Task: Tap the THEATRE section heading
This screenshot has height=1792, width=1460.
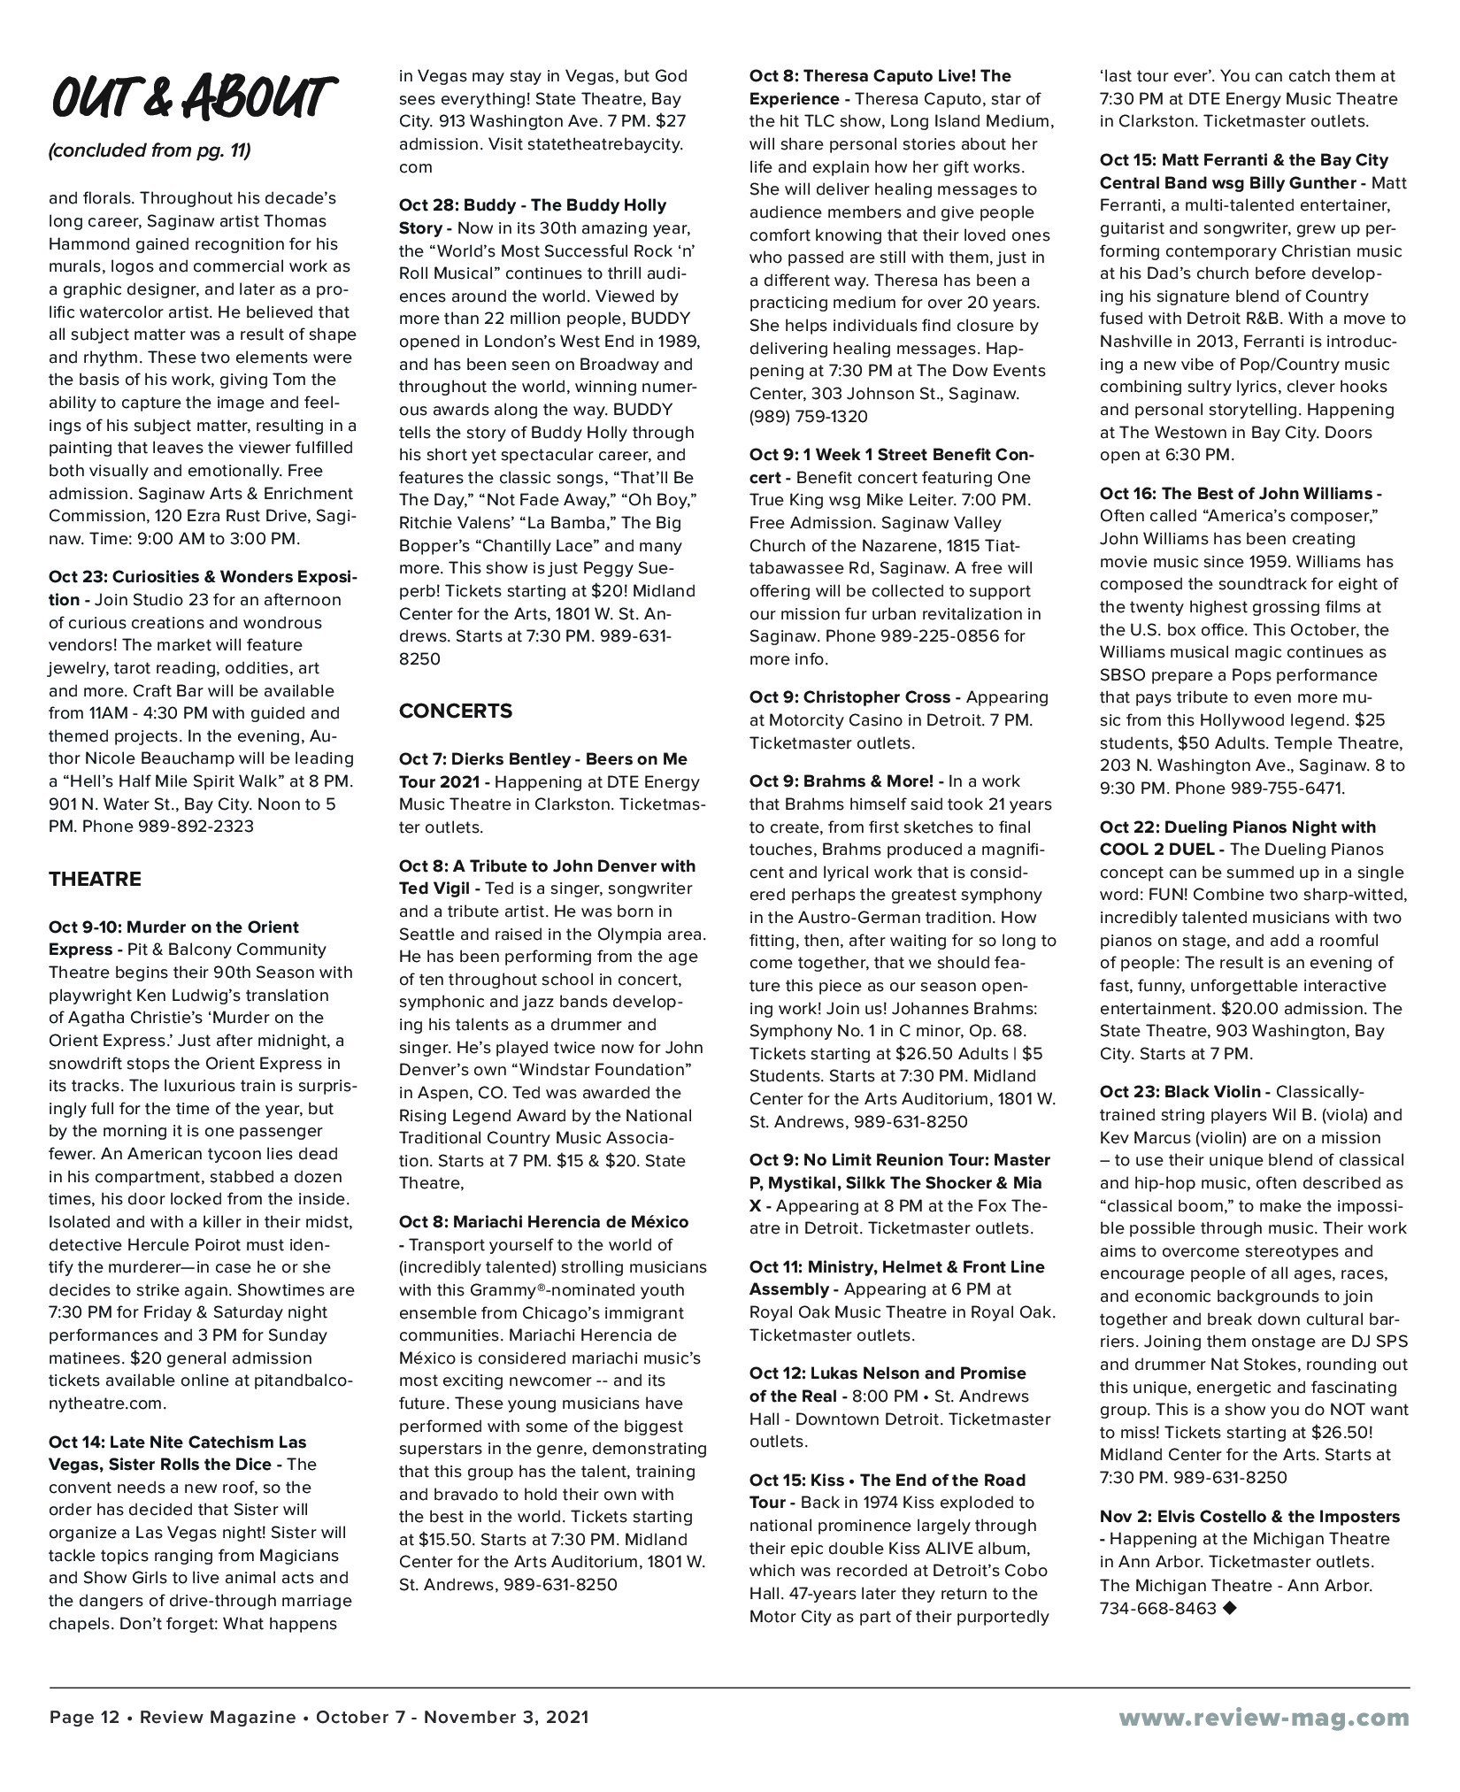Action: (95, 879)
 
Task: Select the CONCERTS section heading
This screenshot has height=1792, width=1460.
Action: (456, 711)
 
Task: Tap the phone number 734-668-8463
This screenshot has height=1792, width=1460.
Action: (1158, 1609)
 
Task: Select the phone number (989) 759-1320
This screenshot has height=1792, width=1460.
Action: (808, 416)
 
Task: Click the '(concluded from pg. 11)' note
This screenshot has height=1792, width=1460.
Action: (150, 150)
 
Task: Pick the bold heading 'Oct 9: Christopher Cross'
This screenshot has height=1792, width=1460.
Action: (849, 696)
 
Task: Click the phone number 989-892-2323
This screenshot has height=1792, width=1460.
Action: (196, 827)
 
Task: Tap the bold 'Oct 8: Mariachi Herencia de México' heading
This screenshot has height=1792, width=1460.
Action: (543, 1221)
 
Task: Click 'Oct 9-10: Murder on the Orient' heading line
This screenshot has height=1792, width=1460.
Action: (173, 927)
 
